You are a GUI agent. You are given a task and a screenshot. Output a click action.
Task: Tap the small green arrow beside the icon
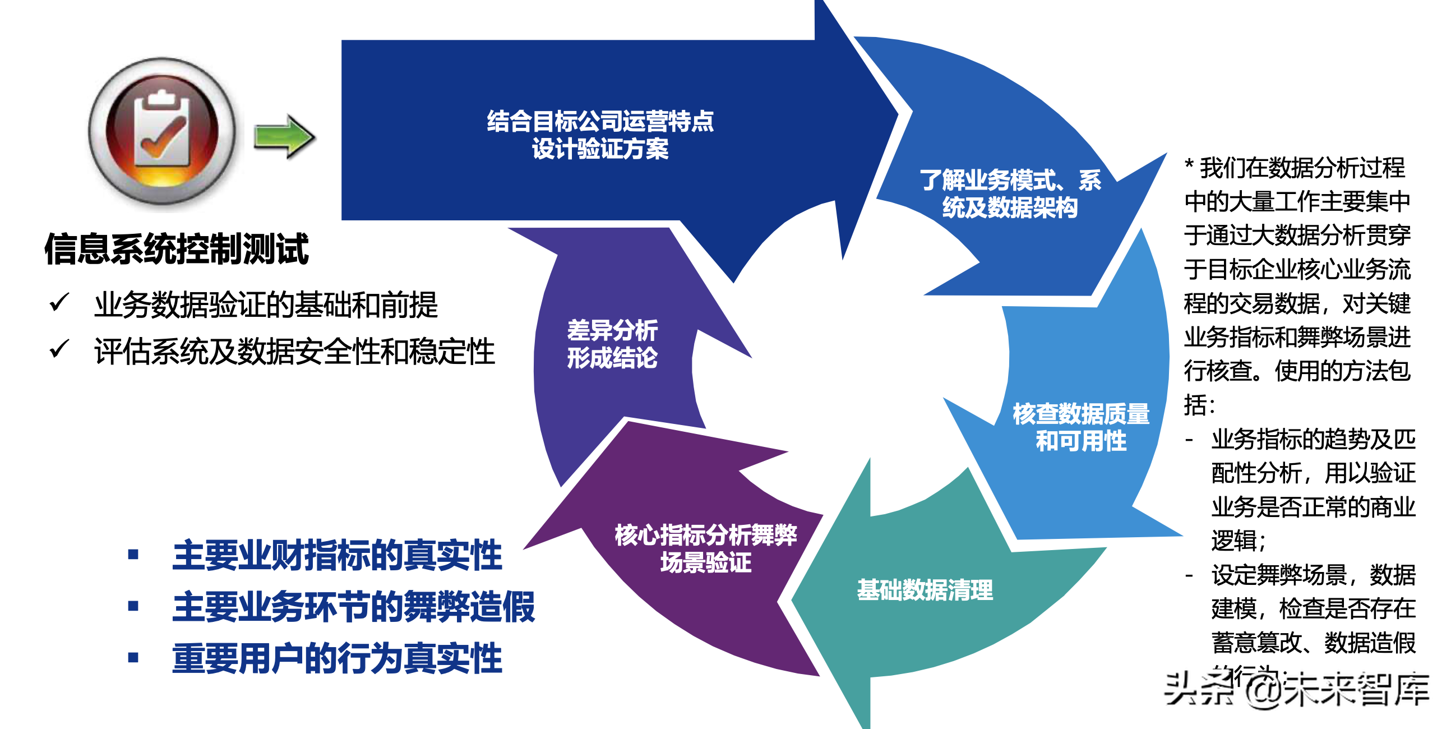[284, 136]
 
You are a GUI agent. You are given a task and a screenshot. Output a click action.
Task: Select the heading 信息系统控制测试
[176, 248]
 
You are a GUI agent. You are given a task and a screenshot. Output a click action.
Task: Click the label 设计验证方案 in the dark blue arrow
[600, 149]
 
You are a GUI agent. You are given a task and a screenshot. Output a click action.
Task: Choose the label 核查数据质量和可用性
[1081, 427]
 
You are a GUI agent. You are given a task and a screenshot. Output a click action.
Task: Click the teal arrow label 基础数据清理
[925, 590]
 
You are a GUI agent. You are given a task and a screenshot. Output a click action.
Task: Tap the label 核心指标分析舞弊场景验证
[706, 548]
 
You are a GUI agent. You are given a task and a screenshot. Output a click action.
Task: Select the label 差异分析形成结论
[612, 344]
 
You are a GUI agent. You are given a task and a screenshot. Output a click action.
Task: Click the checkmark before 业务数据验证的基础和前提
[59, 302]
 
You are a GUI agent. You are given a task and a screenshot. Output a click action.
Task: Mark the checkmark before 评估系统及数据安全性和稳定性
[59, 349]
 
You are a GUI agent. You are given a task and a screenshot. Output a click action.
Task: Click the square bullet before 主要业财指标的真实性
[133, 555]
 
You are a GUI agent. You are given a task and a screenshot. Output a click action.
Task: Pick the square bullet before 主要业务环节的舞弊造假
[133, 606]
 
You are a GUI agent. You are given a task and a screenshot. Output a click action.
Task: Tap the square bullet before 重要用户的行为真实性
[133, 657]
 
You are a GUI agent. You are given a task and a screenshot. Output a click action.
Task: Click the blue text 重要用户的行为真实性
[337, 658]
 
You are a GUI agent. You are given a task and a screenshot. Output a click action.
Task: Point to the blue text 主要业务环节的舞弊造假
[353, 607]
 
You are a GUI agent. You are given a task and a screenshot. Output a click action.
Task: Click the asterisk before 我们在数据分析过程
[1190, 166]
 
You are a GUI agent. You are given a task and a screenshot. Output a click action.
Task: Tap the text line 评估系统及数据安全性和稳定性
[294, 352]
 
